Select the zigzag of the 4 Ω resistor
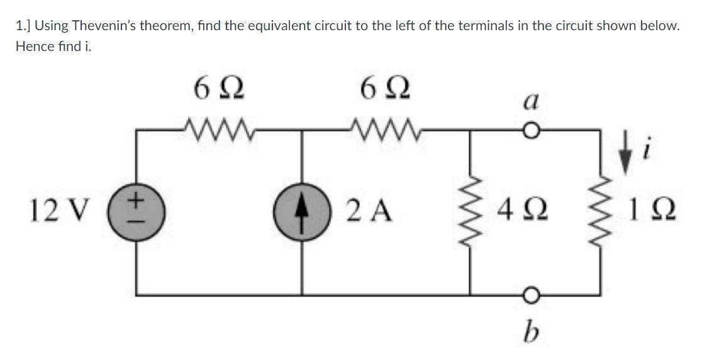[472, 208]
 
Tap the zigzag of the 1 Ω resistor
[597, 208]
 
